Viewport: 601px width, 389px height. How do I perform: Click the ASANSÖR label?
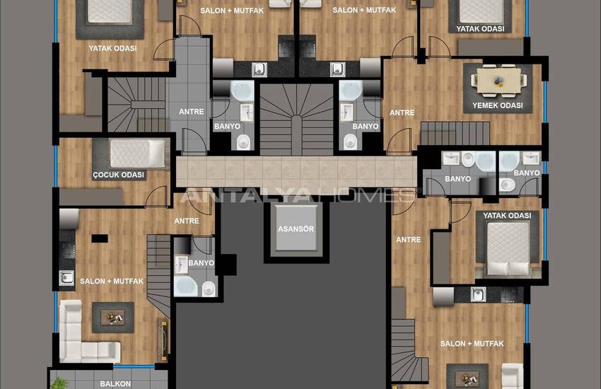pyautogui.click(x=296, y=229)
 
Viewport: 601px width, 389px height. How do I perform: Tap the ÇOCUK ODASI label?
pyautogui.click(x=119, y=175)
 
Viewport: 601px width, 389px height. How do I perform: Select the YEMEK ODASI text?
pyautogui.click(x=498, y=105)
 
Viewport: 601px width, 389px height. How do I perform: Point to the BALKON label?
pyautogui.click(x=115, y=383)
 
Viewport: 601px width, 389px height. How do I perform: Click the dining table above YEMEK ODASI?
pyautogui.click(x=498, y=81)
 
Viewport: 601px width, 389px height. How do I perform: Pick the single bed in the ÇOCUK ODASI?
pyautogui.click(x=137, y=153)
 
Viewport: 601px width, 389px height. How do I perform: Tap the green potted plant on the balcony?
pyautogui.click(x=59, y=383)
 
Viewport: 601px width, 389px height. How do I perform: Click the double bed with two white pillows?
pyautogui.click(x=508, y=248)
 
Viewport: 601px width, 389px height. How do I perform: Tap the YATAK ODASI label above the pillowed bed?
pyautogui.click(x=507, y=216)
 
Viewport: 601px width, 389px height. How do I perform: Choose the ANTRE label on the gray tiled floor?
pyautogui.click(x=192, y=112)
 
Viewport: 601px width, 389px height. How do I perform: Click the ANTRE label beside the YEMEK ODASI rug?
pyautogui.click(x=402, y=112)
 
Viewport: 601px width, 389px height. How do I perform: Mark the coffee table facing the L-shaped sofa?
pyautogui.click(x=112, y=318)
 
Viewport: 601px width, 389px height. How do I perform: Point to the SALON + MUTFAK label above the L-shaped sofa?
pyautogui.click(x=112, y=281)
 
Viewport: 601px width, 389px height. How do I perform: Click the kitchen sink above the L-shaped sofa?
pyautogui.click(x=66, y=278)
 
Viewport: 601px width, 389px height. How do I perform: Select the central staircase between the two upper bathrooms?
pyautogui.click(x=296, y=120)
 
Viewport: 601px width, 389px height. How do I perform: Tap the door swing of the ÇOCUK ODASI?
pyautogui.click(x=157, y=196)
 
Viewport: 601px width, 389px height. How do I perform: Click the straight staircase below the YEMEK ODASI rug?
pyautogui.click(x=455, y=133)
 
